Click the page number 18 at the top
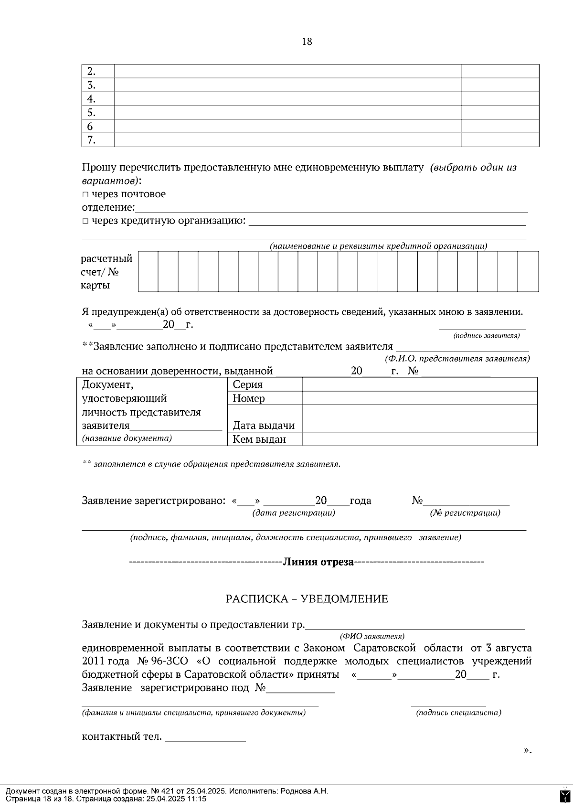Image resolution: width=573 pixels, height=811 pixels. pos(307,42)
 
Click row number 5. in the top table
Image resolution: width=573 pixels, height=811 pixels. pos(91,113)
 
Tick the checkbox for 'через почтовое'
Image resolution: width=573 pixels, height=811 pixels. pos(85,194)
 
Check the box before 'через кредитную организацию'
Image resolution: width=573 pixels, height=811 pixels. pos(85,221)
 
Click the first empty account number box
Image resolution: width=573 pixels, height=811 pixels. pos(148,271)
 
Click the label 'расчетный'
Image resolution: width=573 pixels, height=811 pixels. pos(106,259)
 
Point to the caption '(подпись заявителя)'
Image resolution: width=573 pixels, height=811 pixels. pos(486,336)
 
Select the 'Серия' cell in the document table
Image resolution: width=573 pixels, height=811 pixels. pos(247,384)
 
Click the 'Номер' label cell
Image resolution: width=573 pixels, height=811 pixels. pos(248,398)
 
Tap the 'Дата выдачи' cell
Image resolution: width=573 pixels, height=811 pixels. pos(264,425)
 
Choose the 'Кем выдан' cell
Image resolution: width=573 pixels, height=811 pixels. pos(259,439)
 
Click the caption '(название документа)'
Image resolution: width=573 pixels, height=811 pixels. pos(127,438)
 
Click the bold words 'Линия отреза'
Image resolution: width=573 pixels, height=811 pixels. pos(318,562)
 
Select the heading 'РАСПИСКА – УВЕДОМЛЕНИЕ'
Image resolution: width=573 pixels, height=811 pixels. pos(307,599)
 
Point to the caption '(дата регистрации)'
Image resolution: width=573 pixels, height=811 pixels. pos(293,513)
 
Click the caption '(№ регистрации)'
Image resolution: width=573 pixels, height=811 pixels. pos(465,513)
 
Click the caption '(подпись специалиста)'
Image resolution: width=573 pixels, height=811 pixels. pos(458,713)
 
